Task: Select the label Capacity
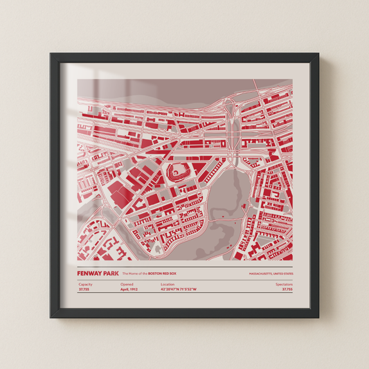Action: (85, 285)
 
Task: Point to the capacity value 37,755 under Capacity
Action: (84, 290)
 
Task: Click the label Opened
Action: (127, 285)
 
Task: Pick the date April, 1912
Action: (129, 290)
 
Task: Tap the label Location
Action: (168, 285)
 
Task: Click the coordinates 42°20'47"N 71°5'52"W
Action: (179, 290)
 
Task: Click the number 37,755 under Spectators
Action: (287, 290)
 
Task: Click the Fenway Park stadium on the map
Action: (175, 171)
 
